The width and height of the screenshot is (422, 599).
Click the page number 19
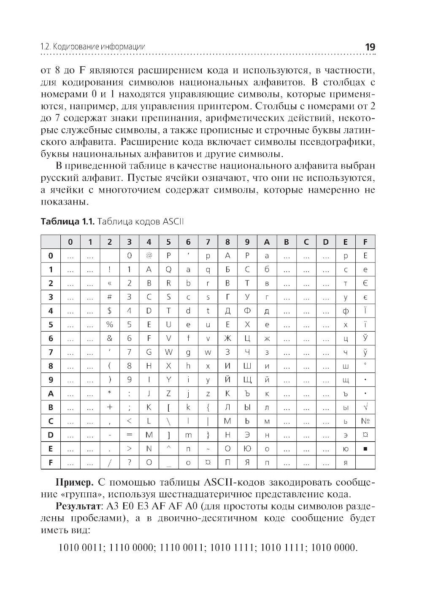coord(369,47)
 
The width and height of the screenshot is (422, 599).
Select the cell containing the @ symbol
coord(149,255)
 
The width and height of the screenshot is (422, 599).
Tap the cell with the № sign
coord(365,421)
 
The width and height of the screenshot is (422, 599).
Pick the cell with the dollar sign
coord(109,310)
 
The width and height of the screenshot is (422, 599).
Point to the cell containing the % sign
coord(109,324)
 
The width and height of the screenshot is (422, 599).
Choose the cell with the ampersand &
coord(109,338)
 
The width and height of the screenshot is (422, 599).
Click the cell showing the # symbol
coord(109,297)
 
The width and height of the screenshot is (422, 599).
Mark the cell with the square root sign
coord(365,407)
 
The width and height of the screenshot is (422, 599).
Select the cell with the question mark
coord(129,462)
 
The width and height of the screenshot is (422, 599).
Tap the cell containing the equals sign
coord(129,434)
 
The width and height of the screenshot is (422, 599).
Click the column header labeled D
coord(325,242)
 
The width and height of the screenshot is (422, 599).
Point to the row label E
coord(51,448)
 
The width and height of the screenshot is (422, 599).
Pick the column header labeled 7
coord(208,242)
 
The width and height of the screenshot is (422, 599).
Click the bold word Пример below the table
coord(74,482)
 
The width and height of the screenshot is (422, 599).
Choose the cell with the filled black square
coord(365,448)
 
